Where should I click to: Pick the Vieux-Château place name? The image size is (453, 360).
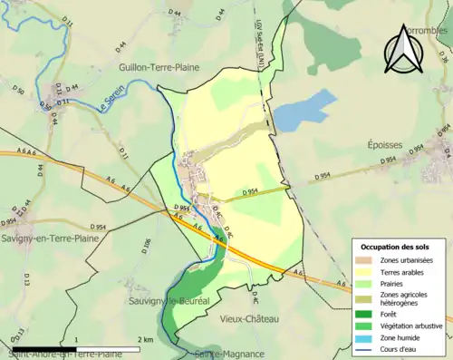(x=249, y=318)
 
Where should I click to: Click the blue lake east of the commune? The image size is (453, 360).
(x=297, y=111)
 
